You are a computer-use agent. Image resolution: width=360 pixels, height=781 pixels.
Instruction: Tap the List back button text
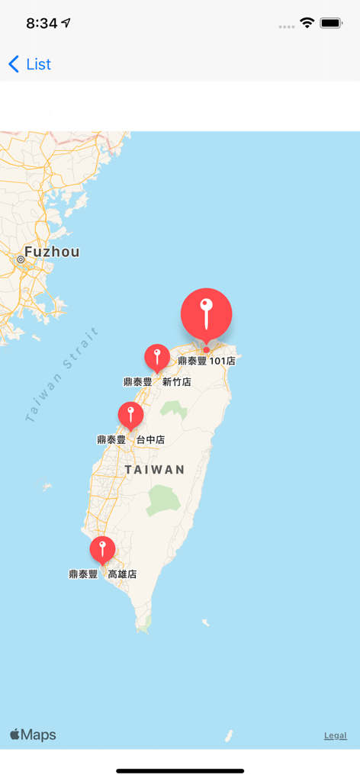[x=38, y=64]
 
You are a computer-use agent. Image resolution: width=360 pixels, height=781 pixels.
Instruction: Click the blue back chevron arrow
[x=14, y=64]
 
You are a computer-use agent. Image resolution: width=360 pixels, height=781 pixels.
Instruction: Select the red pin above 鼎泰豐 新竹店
[x=157, y=357]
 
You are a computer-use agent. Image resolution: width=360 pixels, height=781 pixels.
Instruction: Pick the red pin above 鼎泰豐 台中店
[x=130, y=415]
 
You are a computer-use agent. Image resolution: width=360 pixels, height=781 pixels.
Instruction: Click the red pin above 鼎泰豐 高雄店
[x=102, y=549]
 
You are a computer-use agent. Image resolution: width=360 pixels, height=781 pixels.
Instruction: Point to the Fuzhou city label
[x=52, y=252]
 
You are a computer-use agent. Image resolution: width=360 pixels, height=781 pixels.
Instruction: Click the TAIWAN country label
[x=155, y=470]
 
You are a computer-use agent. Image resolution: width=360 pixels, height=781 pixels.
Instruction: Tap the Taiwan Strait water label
[x=63, y=374]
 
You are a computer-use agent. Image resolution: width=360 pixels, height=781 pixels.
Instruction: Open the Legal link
[x=335, y=735]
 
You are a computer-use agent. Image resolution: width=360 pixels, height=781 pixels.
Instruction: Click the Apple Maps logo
[x=33, y=734]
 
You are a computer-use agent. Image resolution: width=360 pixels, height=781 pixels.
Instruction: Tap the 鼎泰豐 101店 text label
[x=206, y=361]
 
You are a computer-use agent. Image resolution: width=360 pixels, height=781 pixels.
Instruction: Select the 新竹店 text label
[x=177, y=381]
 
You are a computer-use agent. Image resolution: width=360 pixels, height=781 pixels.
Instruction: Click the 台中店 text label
[x=150, y=439]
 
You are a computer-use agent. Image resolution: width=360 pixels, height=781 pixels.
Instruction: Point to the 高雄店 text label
[x=122, y=574]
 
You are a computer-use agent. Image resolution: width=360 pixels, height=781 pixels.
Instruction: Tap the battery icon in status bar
[x=331, y=23]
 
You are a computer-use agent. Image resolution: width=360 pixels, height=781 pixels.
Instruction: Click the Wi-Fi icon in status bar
[x=307, y=23]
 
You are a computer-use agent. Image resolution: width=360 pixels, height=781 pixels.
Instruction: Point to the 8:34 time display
[x=41, y=23]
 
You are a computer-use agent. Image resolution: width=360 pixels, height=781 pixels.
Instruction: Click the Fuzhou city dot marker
[x=21, y=260]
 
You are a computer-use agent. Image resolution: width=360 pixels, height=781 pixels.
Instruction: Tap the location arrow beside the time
[x=66, y=23]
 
